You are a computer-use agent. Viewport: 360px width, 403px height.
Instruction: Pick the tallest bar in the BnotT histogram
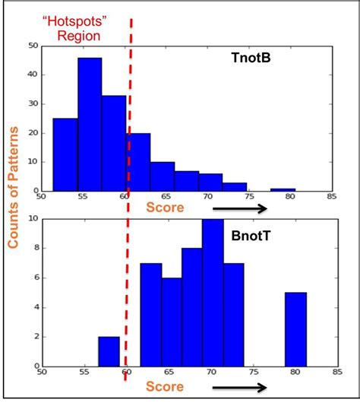point(212,292)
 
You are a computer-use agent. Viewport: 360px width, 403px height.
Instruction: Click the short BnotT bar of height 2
point(109,351)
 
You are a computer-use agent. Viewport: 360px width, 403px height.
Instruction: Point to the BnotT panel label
point(248,236)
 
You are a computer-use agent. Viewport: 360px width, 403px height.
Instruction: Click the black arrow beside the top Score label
point(239,208)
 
